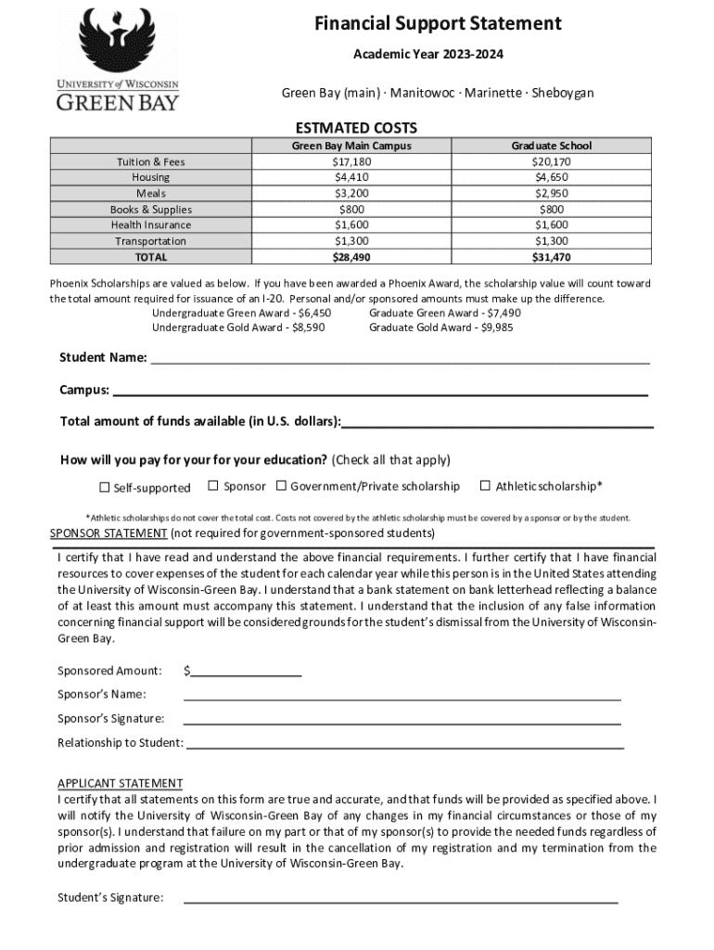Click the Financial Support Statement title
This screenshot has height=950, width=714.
tap(438, 23)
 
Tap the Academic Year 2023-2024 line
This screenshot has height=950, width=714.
tap(428, 55)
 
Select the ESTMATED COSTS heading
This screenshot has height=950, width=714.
tap(356, 128)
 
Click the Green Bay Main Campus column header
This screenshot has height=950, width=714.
tap(351, 146)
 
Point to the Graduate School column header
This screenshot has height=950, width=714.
tap(551, 146)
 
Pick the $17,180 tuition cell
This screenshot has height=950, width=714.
tap(351, 162)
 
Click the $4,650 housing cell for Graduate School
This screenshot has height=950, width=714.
tap(551, 177)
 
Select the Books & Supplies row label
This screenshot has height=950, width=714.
tap(151, 210)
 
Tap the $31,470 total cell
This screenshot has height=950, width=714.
tap(551, 257)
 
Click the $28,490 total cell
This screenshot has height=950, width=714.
tap(351, 257)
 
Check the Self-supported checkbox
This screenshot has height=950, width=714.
tap(105, 487)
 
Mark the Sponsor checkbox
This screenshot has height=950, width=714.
tap(213, 485)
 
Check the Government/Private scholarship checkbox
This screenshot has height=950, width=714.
tap(281, 485)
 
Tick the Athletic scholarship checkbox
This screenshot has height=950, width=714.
tap(484, 485)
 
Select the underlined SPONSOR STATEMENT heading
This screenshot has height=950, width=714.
tap(108, 533)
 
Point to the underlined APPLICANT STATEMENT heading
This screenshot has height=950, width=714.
tap(120, 783)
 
